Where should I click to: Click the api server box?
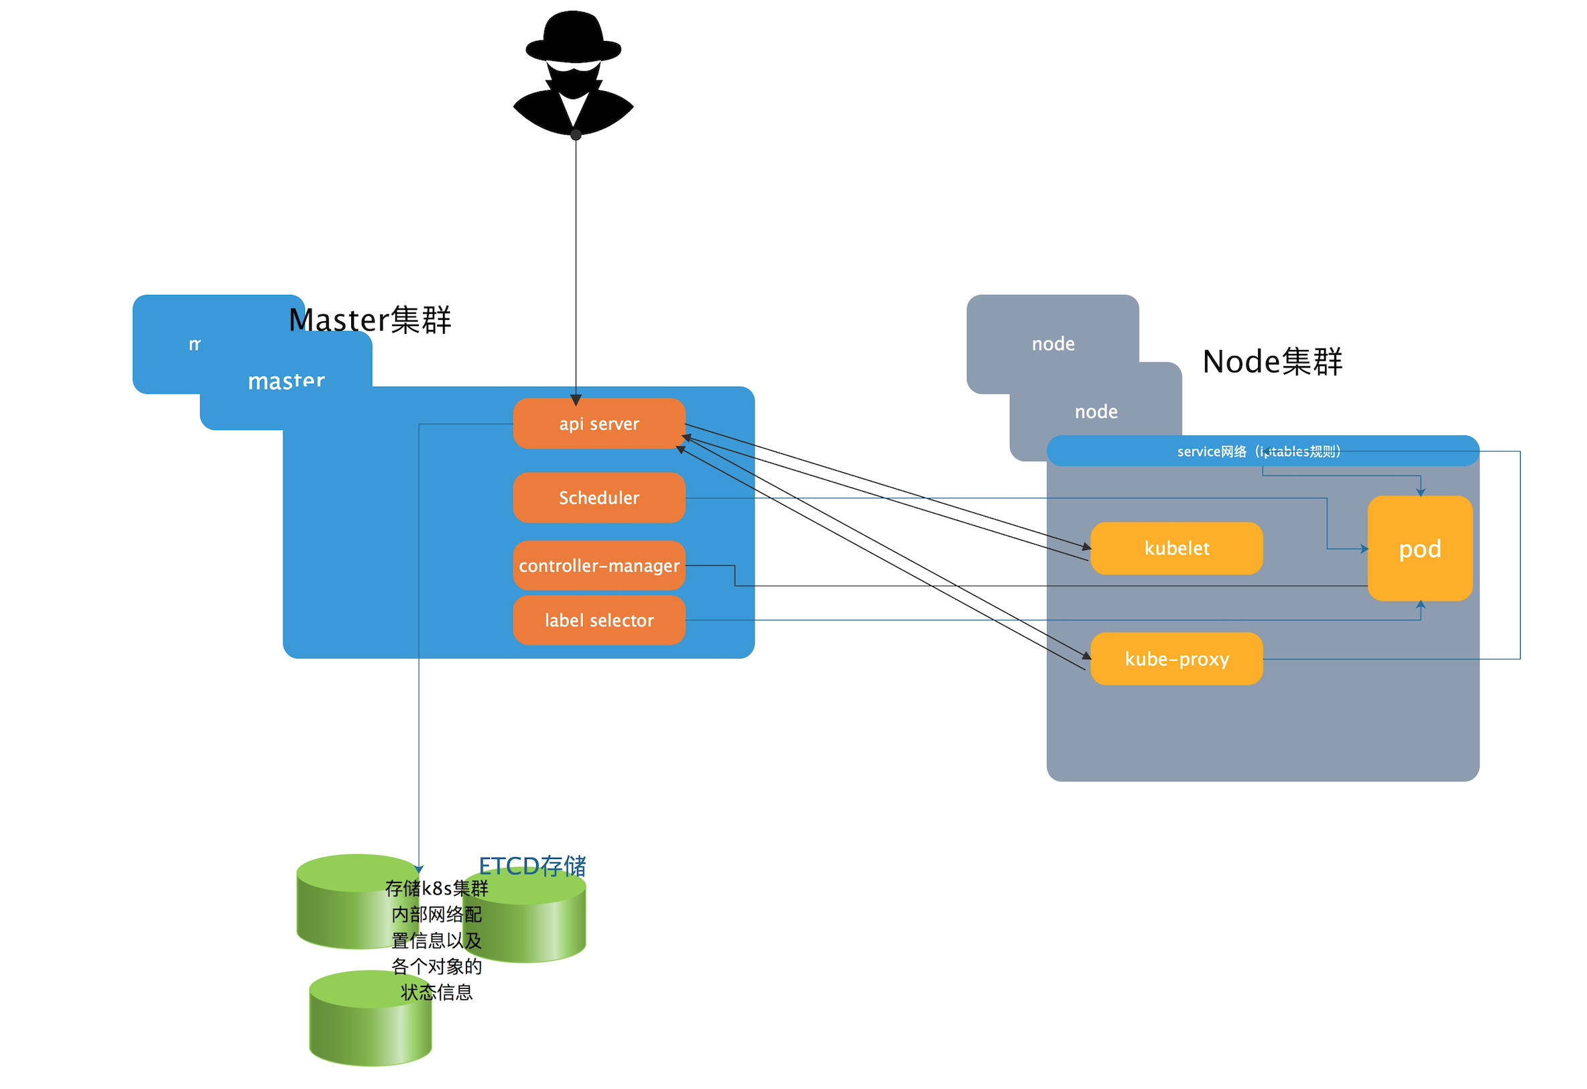[x=599, y=424]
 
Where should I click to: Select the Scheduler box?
[x=599, y=498]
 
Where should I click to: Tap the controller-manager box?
[x=599, y=566]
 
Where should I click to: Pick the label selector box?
[x=599, y=620]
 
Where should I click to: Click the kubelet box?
[x=1176, y=548]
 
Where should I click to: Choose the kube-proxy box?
[x=1176, y=658]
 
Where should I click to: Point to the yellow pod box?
[x=1419, y=549]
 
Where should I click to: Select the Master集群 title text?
[x=369, y=320]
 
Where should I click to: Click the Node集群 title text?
[x=1271, y=361]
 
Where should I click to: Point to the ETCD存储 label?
[x=532, y=866]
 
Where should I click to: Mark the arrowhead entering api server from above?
[x=576, y=400]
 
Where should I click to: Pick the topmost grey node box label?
[x=1052, y=343]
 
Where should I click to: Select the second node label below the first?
[x=1095, y=411]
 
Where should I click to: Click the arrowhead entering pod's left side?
[x=1364, y=549]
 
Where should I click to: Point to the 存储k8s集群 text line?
[x=436, y=888]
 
